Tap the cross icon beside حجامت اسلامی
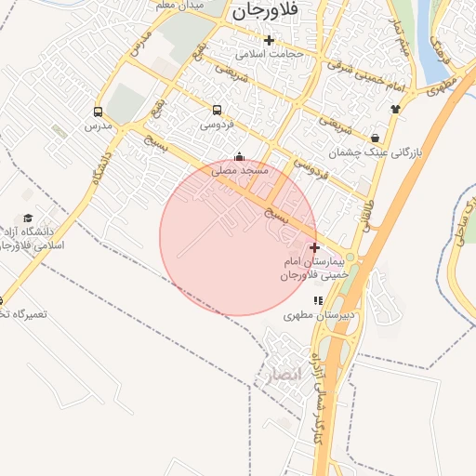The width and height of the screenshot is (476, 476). (x=269, y=40)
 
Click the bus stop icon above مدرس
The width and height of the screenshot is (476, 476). (x=97, y=112)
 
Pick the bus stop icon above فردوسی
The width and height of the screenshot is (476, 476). (x=217, y=109)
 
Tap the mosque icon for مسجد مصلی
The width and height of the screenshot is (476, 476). (x=240, y=156)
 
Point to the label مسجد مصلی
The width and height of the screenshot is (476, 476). (x=240, y=170)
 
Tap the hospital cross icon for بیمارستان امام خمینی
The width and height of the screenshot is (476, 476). (x=315, y=247)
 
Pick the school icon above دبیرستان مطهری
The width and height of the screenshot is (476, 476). (x=319, y=300)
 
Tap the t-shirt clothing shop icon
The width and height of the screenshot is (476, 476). (x=395, y=108)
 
